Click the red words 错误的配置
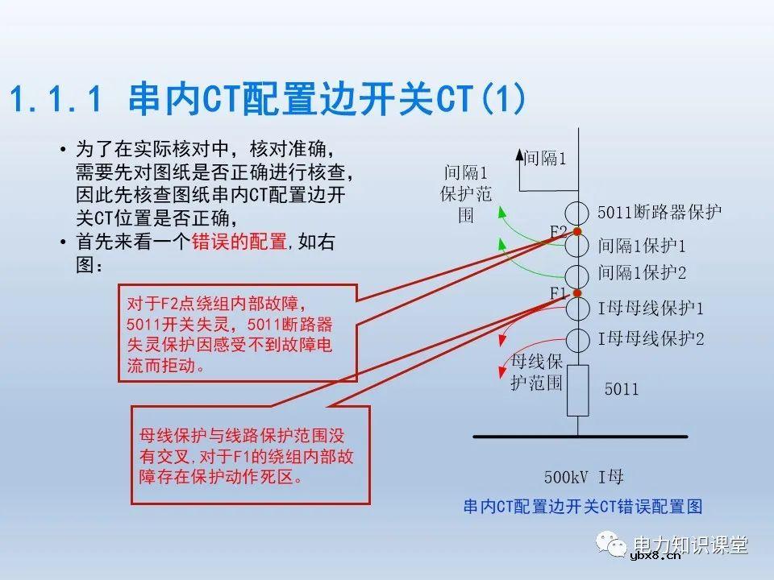point(239,242)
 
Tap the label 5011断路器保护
point(660,212)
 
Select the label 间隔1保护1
point(642,245)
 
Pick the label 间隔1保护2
point(642,274)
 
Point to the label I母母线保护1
point(651,309)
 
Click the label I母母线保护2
point(651,339)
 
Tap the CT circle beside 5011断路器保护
point(577,214)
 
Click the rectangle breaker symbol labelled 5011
point(577,390)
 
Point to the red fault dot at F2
point(577,232)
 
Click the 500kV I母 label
point(584,477)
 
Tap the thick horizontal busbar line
point(580,437)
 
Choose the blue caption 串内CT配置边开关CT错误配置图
point(583,506)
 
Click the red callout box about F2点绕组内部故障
point(237,333)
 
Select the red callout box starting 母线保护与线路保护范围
point(250,455)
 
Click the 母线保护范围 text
point(536,371)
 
